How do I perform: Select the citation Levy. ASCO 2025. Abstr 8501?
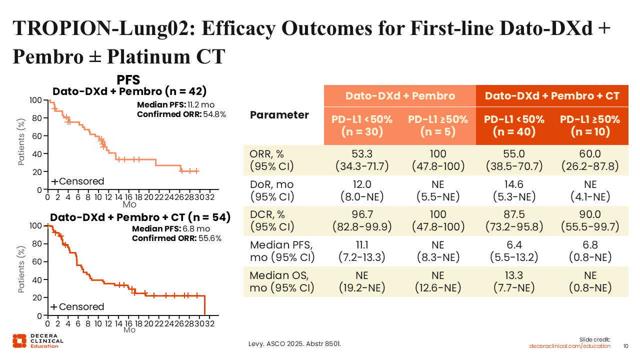click(295, 343)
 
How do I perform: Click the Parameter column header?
click(279, 115)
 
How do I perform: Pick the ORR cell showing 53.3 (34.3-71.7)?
click(361, 160)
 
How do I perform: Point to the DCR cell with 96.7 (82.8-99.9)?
click(361, 220)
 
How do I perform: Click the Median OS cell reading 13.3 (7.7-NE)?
click(514, 281)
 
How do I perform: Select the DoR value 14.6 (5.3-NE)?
click(514, 190)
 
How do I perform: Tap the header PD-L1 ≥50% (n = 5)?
click(437, 125)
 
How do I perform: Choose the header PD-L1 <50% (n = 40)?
click(514, 125)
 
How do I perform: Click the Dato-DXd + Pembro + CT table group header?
click(552, 96)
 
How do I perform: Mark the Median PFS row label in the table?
click(282, 251)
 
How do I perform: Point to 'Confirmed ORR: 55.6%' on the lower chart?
click(176, 238)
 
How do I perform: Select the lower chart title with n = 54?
click(140, 217)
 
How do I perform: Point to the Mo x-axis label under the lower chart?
click(129, 330)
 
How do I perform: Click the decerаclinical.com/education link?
click(570, 346)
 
